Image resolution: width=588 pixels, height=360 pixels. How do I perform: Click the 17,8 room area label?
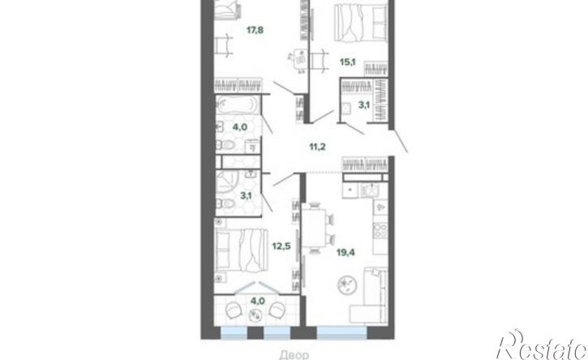pos(255,30)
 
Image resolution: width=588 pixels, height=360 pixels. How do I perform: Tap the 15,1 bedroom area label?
pos(348,62)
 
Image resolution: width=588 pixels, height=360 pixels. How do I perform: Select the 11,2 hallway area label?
pos(317,147)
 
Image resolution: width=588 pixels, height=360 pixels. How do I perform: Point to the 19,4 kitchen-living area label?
pos(346,252)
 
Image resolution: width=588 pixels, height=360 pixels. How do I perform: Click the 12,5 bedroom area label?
pos(281,246)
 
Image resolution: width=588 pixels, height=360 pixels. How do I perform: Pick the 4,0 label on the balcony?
pos(258,301)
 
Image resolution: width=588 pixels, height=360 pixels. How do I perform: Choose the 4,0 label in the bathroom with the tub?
pos(239,127)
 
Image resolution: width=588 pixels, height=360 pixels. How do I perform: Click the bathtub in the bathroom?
pos(237,105)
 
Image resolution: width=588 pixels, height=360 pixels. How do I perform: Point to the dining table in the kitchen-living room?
pos(314,229)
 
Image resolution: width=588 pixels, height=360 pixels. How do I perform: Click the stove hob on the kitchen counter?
pos(380,230)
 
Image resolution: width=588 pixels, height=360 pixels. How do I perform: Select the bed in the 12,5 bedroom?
pos(242,250)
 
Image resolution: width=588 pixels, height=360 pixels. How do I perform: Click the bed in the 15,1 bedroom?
pos(361,21)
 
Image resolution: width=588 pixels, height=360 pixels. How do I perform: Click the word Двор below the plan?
pos(294,354)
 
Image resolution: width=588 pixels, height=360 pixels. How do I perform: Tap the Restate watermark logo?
pos(542,345)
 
